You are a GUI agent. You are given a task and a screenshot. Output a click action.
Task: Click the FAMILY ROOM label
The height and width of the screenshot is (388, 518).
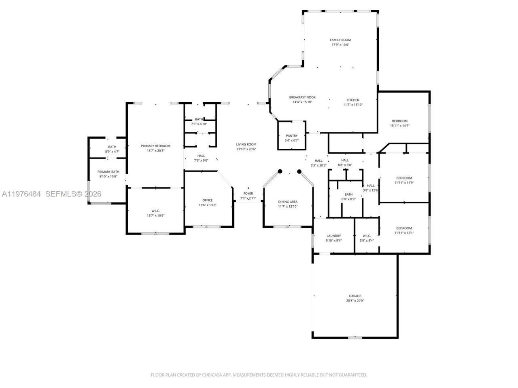340,40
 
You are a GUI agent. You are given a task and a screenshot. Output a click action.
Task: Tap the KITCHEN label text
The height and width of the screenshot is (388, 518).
352,100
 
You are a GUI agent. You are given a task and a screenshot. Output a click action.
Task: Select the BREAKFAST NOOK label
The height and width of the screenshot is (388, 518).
302,97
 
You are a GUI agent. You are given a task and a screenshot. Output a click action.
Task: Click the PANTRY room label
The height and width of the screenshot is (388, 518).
291,136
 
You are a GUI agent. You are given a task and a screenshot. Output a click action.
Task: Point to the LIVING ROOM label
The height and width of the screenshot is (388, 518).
246,145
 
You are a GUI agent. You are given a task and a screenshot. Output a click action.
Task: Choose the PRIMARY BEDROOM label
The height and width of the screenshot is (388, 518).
155,146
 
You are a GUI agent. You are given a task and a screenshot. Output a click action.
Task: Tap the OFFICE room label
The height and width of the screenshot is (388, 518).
207,200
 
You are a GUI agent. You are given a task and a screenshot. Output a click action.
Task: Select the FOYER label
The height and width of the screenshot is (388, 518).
248,194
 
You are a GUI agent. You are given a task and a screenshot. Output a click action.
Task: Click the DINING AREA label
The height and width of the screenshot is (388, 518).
288,202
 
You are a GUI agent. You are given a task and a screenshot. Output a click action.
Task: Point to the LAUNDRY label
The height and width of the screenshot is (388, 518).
333,236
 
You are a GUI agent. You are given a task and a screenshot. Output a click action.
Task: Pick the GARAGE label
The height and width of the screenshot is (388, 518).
355,296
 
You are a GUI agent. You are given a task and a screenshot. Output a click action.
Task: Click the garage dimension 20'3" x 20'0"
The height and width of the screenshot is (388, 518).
355,301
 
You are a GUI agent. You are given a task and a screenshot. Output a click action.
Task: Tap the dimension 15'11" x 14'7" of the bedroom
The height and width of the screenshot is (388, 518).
399,126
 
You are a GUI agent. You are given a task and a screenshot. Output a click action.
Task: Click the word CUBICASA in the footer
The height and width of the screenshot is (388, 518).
210,375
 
